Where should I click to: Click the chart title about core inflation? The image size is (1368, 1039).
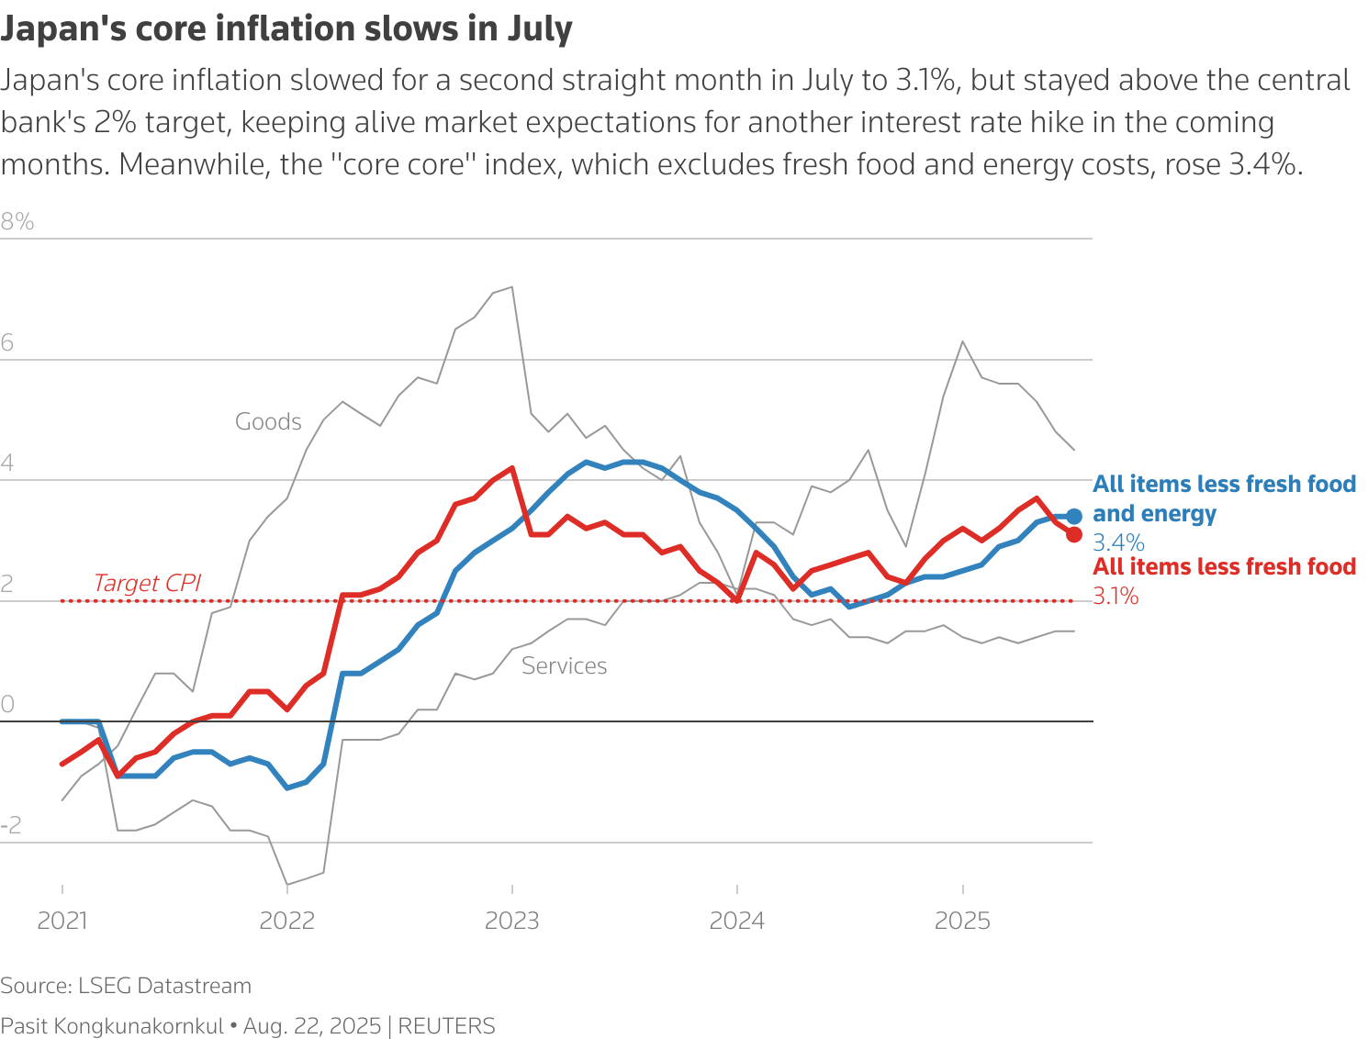tap(286, 29)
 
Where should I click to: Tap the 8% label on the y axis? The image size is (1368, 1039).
tap(17, 221)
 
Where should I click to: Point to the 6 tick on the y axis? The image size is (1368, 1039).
tap(7, 343)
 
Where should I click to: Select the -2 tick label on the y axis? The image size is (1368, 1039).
tap(11, 826)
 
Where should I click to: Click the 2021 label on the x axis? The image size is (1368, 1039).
tap(62, 921)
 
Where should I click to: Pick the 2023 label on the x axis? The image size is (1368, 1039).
tap(511, 921)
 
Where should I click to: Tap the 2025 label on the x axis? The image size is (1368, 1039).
tap(962, 921)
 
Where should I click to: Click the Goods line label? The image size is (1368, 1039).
tap(268, 421)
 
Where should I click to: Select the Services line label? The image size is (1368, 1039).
tap(564, 665)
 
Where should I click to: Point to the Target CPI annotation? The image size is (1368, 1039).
tap(147, 583)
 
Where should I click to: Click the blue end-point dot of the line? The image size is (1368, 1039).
tap(1074, 516)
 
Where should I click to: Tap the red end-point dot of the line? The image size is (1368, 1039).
tap(1074, 534)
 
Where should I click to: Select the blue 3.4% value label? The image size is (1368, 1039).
tap(1118, 542)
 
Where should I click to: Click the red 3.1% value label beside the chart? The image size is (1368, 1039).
tap(1116, 597)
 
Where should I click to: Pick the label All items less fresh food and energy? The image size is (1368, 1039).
tap(1224, 498)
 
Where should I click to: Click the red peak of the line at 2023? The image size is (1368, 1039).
tap(511, 467)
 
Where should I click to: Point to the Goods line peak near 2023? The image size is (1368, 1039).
tap(511, 286)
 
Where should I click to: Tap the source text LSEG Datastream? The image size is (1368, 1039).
tap(164, 986)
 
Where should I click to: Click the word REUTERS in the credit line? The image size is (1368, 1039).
tap(446, 1026)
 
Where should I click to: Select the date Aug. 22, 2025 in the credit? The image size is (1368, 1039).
tap(312, 1026)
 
